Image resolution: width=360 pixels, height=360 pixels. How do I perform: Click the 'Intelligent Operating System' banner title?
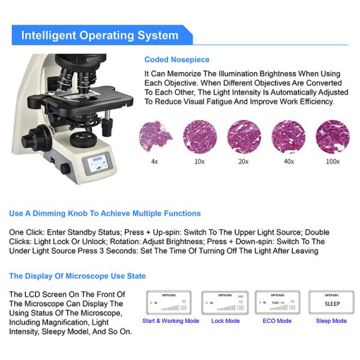100,35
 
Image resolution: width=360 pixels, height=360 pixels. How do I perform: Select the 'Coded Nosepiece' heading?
177,60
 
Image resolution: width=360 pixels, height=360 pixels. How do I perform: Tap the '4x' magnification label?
155,161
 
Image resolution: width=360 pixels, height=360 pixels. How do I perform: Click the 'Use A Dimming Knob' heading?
105,214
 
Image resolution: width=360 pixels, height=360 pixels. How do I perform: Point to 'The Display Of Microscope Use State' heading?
77,276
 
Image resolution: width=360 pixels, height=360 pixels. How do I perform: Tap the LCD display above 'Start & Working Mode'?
170,302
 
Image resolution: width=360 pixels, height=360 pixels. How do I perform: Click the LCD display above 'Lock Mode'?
225,302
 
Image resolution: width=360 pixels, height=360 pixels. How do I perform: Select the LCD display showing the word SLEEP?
331,302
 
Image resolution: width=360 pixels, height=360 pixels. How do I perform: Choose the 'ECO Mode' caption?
278,321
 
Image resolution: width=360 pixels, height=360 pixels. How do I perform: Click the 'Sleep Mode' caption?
331,321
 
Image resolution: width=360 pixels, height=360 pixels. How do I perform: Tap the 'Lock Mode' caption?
225,321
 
